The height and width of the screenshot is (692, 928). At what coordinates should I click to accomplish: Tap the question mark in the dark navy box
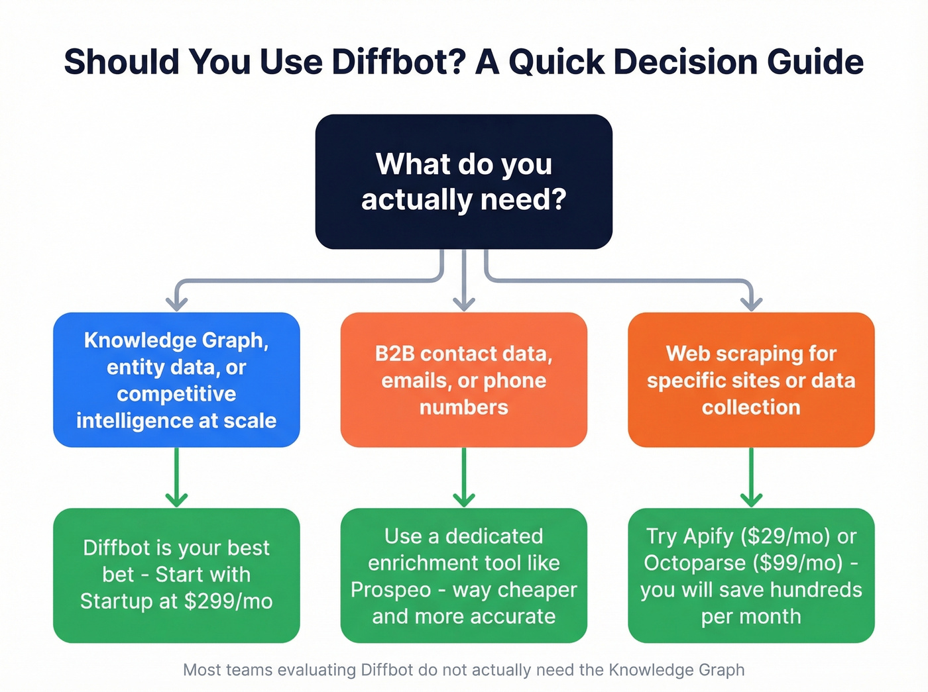click(557, 199)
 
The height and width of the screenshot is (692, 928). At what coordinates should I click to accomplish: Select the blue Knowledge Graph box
click(176, 379)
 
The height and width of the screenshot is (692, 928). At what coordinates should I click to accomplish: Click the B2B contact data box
click(464, 379)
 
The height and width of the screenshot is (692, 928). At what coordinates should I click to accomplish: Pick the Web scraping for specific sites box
click(751, 379)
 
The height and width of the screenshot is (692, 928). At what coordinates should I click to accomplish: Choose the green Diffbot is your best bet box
click(176, 575)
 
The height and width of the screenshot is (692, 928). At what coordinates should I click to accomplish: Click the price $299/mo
click(228, 601)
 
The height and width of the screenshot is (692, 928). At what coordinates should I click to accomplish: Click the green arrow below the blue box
click(176, 478)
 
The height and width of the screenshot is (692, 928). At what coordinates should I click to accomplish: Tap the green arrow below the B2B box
click(464, 478)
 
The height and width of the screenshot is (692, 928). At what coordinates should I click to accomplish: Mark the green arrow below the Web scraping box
click(751, 478)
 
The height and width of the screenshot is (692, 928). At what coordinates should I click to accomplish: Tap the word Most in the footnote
click(202, 670)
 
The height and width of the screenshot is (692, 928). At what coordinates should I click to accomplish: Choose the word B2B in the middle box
click(395, 354)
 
